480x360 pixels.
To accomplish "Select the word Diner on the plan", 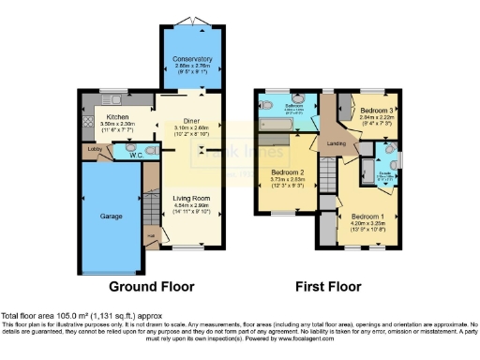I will pyautogui.click(x=190, y=121).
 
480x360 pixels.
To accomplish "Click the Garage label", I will pyautogui.click(x=112, y=215).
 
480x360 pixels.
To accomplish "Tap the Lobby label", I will pyautogui.click(x=95, y=147).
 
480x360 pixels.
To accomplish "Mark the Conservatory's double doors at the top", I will pyautogui.click(x=192, y=22).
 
